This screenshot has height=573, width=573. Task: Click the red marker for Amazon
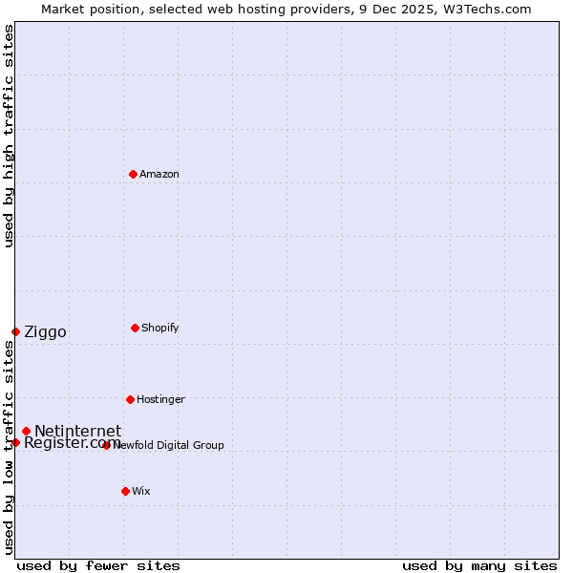tap(133, 174)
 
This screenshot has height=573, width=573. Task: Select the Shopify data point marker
tap(135, 328)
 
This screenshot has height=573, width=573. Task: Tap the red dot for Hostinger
tap(130, 399)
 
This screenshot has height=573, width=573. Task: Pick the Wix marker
tap(125, 491)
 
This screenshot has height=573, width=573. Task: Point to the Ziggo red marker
tap(15, 331)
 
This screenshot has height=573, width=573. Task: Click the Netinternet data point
tap(26, 431)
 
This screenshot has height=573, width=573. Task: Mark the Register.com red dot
tap(15, 442)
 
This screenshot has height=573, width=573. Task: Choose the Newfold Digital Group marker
tap(106, 445)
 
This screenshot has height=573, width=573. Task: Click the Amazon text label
tap(159, 174)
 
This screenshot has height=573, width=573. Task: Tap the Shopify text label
tap(160, 328)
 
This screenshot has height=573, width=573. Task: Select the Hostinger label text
tap(160, 399)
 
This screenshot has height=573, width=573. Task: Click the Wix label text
tap(141, 491)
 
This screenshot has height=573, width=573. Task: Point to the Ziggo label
tap(45, 332)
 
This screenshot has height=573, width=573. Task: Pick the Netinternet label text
tap(77, 432)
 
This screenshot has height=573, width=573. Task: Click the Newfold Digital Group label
tap(169, 445)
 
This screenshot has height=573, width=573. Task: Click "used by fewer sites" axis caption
tap(98, 565)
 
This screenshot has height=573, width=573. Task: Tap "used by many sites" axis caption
tap(479, 565)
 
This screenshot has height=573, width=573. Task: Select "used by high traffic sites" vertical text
tap(9, 136)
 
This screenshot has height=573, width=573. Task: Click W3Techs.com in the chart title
tap(492, 9)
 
